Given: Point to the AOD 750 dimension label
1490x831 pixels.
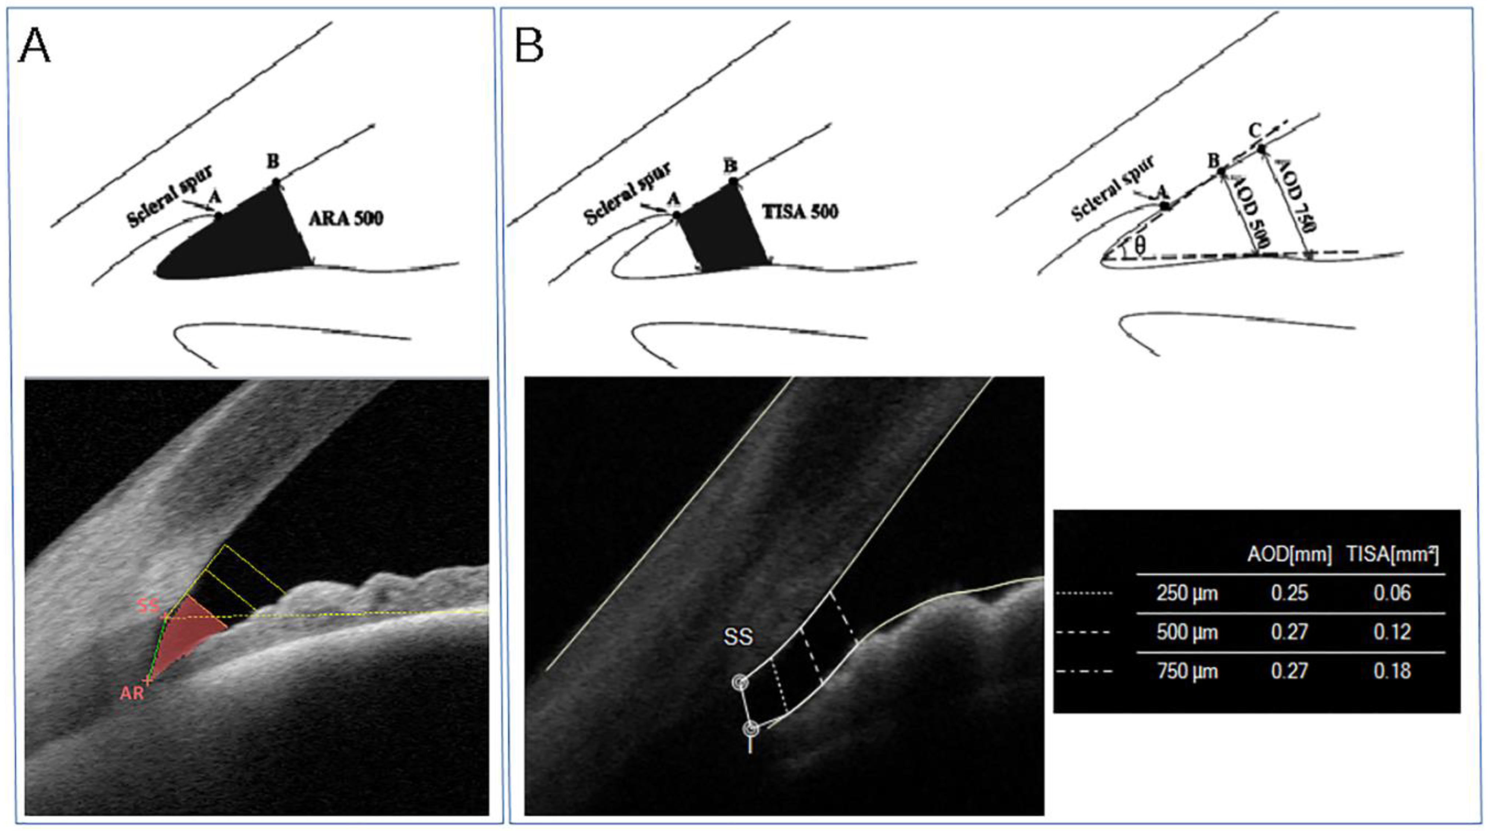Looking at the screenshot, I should (x=1297, y=196).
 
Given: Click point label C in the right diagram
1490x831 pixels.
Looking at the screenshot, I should (x=1254, y=131).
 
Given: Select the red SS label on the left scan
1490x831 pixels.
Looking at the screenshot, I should (x=148, y=606).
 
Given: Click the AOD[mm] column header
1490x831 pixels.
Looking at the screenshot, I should (x=1289, y=555).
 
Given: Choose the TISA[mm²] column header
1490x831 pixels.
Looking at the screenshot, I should (x=1392, y=555).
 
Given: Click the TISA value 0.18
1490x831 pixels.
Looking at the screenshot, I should (x=1392, y=671).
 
